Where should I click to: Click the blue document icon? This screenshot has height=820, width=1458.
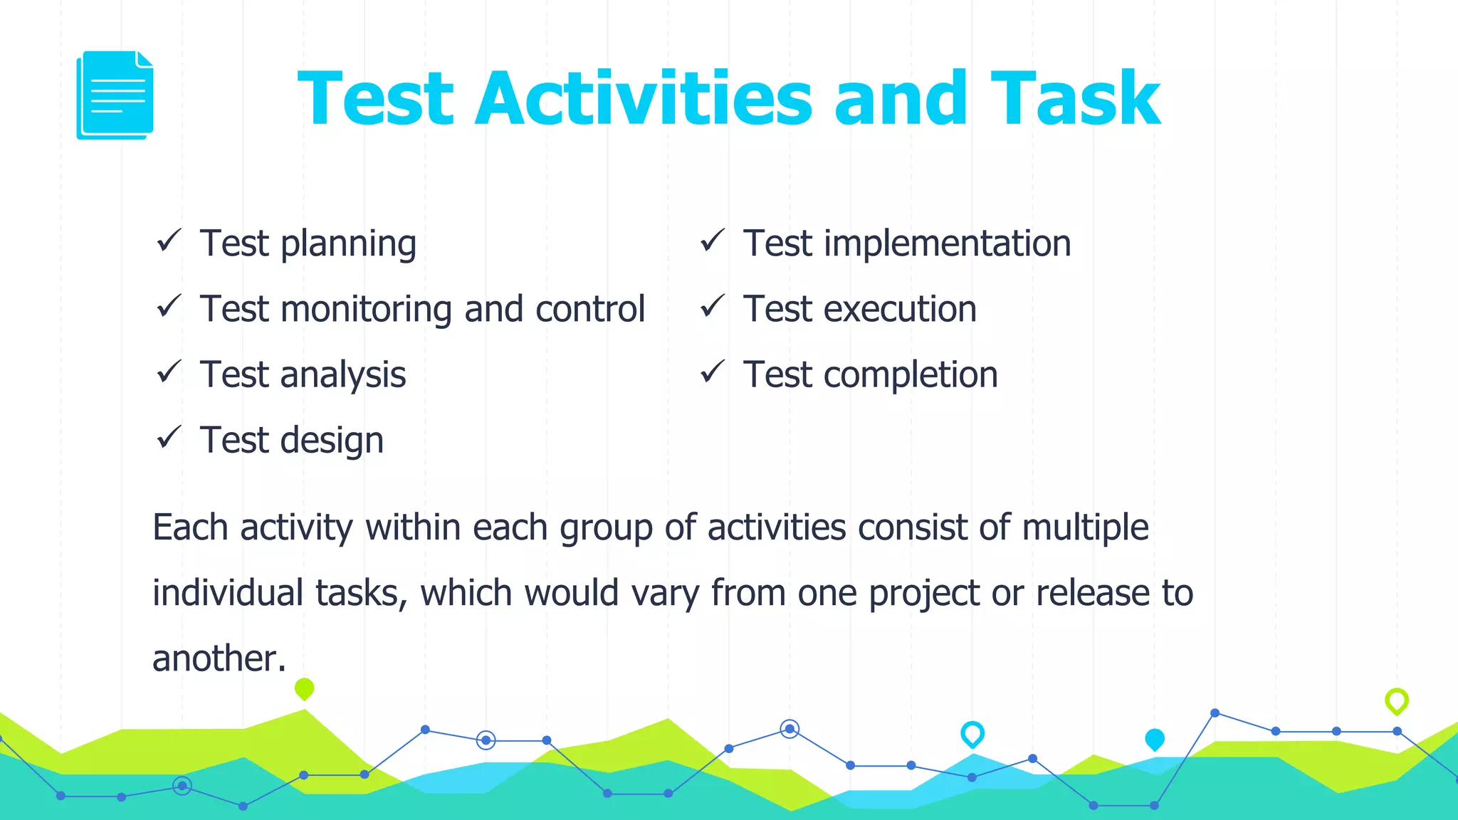[115, 95]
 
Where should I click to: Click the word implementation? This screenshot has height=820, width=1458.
[947, 243]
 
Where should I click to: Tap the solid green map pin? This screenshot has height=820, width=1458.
[304, 688]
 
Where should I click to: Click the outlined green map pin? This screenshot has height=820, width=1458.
[1397, 701]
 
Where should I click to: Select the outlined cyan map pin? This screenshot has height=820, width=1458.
[972, 733]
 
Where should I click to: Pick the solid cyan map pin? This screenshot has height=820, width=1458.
[1155, 740]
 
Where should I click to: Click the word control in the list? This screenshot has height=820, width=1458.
[589, 310]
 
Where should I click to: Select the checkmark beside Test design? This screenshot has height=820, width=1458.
[169, 437]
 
